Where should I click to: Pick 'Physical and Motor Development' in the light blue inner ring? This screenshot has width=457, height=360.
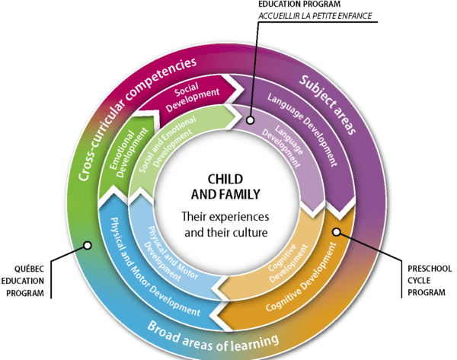point(163,244)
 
